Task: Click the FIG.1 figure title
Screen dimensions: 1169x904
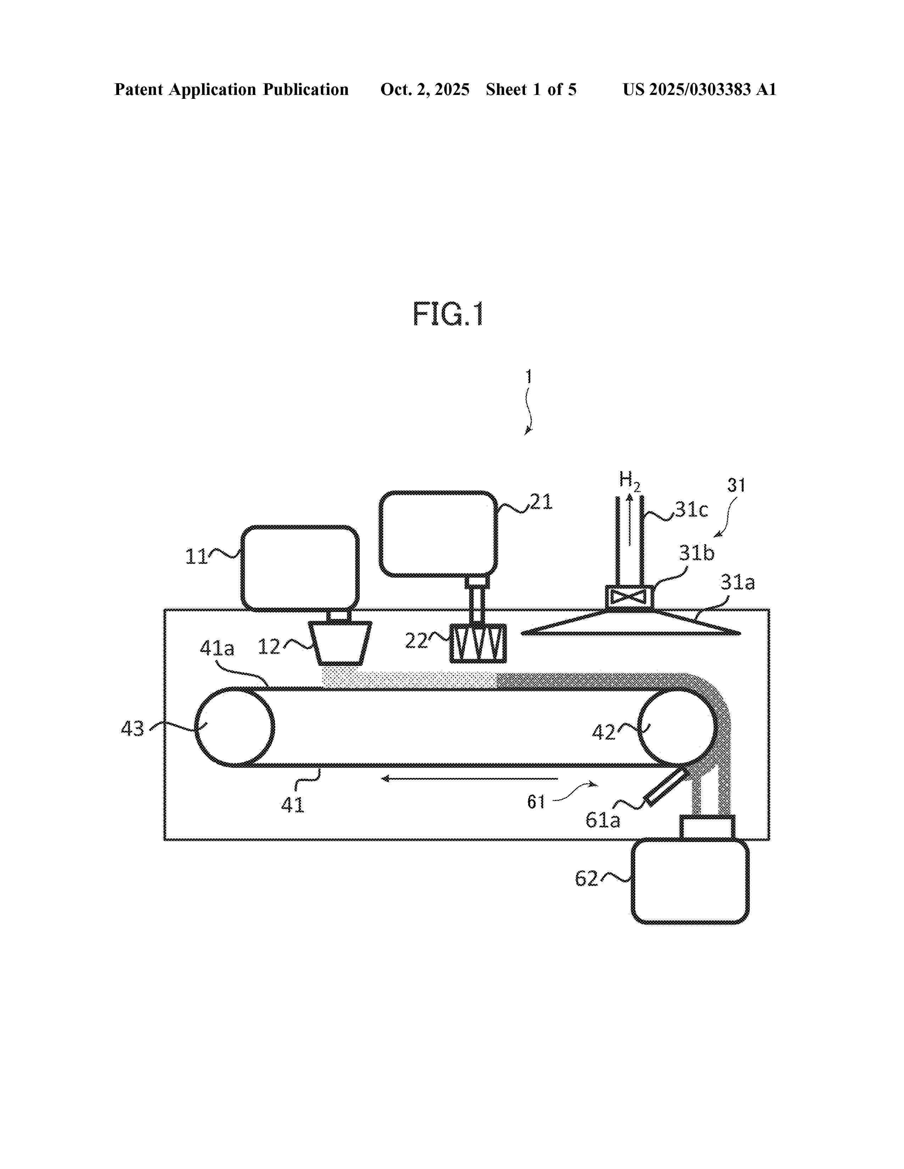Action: [448, 314]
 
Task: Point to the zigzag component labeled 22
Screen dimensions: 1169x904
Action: [478, 643]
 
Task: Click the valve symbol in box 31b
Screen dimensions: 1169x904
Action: [629, 597]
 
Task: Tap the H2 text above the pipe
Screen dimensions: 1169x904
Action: [629, 480]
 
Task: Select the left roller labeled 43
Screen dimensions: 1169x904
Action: [235, 727]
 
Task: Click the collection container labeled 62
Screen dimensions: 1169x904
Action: [690, 881]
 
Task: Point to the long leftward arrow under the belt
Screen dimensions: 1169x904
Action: [469, 779]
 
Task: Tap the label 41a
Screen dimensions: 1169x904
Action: [217, 649]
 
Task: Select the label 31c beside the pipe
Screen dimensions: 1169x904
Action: [691, 509]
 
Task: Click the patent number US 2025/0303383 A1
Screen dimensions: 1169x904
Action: [699, 89]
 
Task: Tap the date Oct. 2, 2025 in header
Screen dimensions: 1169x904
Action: [425, 89]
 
